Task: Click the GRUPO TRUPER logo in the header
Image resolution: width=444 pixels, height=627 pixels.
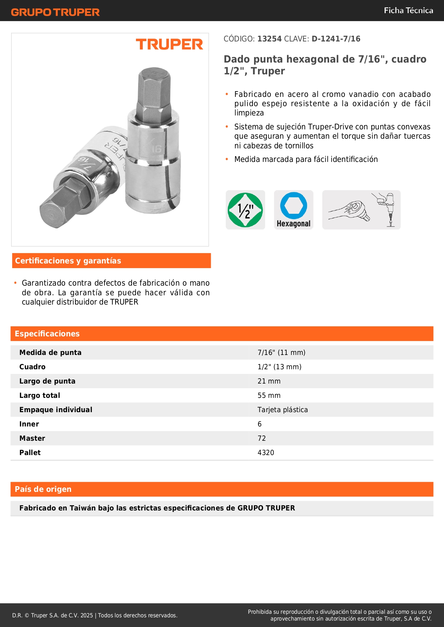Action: pyautogui.click(x=55, y=12)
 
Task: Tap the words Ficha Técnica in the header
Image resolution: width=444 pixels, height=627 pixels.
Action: pyautogui.click(x=408, y=10)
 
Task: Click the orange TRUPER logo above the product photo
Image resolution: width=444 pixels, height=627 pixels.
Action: pyautogui.click(x=169, y=44)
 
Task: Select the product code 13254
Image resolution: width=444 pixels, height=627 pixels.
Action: pyautogui.click(x=269, y=39)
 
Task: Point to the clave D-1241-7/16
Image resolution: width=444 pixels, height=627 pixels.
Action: pyautogui.click(x=336, y=39)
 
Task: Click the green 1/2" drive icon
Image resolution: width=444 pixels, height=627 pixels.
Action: pyautogui.click(x=245, y=210)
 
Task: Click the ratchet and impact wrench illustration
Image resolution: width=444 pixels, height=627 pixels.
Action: pyautogui.click(x=361, y=210)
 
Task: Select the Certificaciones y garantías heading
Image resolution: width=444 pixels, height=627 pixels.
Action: pyautogui.click(x=68, y=261)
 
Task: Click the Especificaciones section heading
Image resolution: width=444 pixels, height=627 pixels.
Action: pyautogui.click(x=47, y=334)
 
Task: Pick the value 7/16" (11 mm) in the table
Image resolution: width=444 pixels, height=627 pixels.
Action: pyautogui.click(x=281, y=352)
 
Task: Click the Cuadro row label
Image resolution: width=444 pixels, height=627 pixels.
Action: pyautogui.click(x=32, y=367)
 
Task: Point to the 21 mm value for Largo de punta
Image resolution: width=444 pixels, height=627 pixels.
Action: pyautogui.click(x=269, y=381)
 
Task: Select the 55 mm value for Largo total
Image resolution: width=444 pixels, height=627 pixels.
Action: pyautogui.click(x=269, y=395)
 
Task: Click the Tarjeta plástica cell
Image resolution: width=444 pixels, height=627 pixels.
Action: pyautogui.click(x=282, y=410)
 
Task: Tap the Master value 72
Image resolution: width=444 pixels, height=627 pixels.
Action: pyautogui.click(x=262, y=438)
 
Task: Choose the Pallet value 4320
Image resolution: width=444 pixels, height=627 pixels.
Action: pyautogui.click(x=265, y=453)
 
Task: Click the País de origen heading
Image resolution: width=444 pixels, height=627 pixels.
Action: pyautogui.click(x=43, y=489)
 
